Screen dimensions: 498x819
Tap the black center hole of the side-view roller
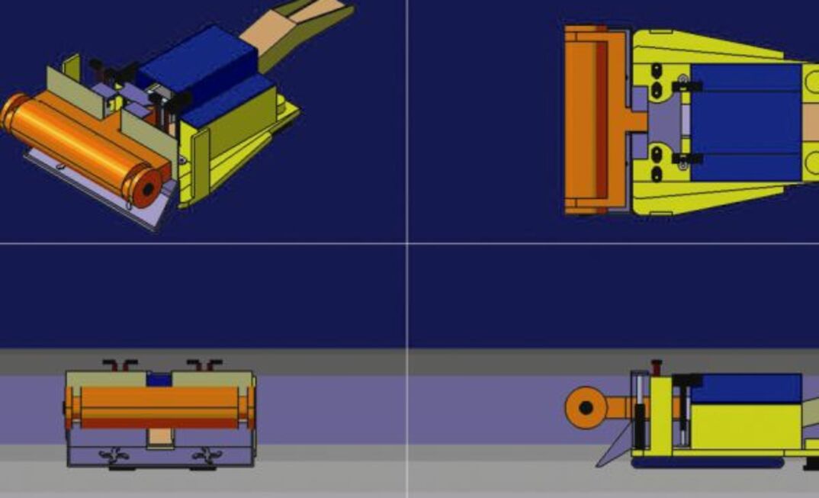point(585,408)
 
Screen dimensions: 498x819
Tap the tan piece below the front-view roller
point(159,437)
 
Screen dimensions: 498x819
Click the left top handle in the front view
point(119,364)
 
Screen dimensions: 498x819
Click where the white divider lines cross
point(407,244)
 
